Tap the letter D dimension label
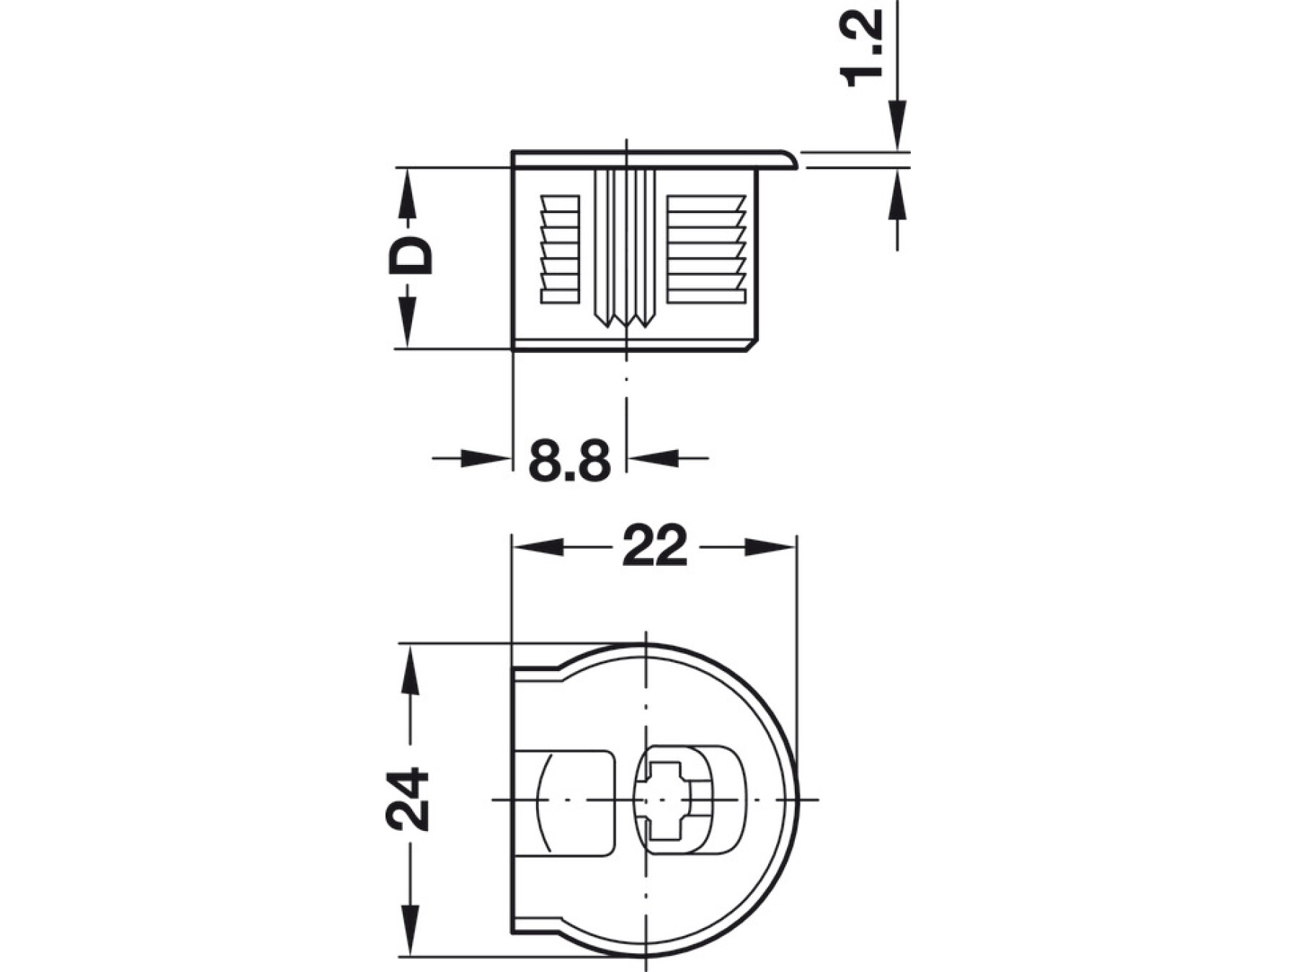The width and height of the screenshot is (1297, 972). pos(411,256)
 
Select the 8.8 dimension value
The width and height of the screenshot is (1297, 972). pos(569,460)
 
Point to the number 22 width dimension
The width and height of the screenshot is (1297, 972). pos(655,547)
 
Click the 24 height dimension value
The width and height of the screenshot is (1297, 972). pos(407,799)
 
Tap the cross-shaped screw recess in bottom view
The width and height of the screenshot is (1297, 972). pos(664,800)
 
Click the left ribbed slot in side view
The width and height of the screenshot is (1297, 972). pos(560,248)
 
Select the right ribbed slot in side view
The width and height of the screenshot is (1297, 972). pos(705,248)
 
